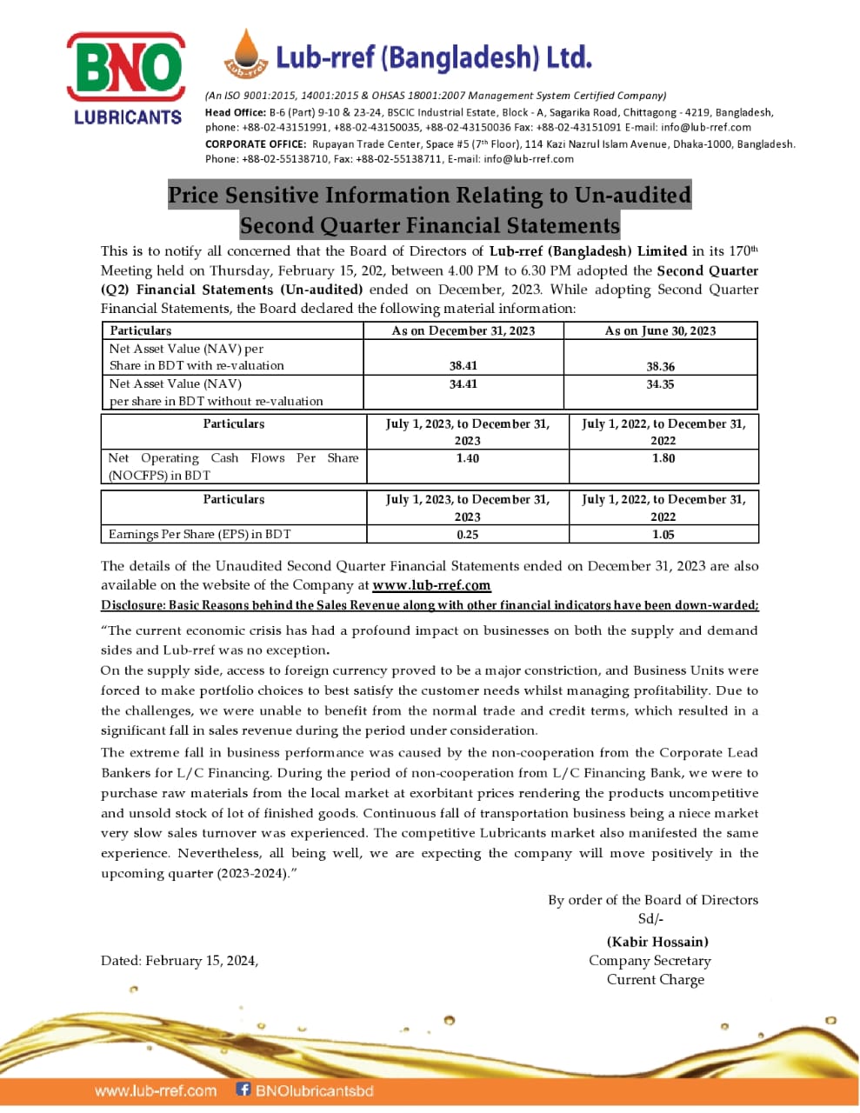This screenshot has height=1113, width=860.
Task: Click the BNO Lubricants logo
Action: tap(127, 78)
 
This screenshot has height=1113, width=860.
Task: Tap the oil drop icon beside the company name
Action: tap(245, 54)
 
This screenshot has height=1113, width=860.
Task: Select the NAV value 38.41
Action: tap(463, 366)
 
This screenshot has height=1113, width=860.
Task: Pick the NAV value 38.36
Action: tap(660, 367)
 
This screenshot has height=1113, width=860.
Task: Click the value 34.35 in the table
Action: tap(660, 383)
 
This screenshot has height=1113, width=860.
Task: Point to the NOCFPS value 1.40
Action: tap(467, 458)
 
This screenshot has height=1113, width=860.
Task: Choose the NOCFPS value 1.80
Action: tap(663, 458)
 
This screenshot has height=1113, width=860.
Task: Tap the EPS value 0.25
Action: tap(467, 535)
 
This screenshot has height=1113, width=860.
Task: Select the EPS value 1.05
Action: tap(663, 535)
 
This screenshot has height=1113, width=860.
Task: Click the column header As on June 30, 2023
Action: tap(660, 330)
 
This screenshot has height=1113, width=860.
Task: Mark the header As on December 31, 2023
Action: tap(463, 330)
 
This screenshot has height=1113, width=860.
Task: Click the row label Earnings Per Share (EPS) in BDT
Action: tap(200, 534)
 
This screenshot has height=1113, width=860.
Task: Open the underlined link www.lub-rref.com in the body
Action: tap(431, 585)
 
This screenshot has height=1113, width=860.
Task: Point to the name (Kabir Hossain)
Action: tap(657, 942)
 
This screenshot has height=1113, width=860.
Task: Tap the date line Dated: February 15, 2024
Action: tap(179, 961)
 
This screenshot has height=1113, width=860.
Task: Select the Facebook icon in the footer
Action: tap(243, 1089)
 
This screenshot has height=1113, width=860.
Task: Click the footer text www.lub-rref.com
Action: tap(156, 1090)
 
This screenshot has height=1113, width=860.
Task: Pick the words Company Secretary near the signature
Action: tap(650, 961)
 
